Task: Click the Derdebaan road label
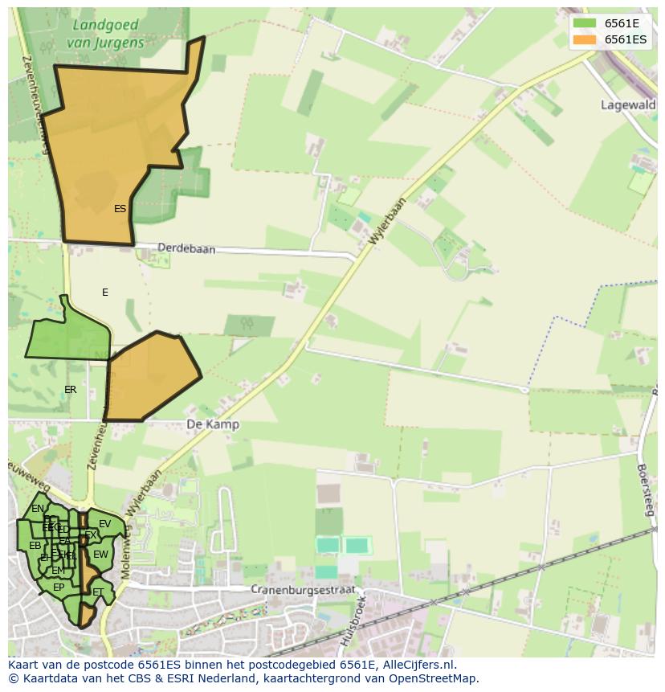[x=186, y=249]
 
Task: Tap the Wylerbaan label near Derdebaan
[x=389, y=221]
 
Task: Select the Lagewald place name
[x=628, y=104]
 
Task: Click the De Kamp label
[x=212, y=424]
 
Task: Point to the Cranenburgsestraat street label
[x=302, y=589]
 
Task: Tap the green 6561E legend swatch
[x=584, y=23]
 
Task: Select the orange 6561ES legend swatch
[x=584, y=39]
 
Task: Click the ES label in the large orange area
[x=120, y=209]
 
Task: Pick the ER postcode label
[x=71, y=390]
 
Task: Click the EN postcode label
[x=38, y=509]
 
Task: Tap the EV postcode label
[x=104, y=524]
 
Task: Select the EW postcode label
[x=100, y=555]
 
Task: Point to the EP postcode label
[x=59, y=588]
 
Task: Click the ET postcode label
[x=98, y=592]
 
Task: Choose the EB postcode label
[x=35, y=546]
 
